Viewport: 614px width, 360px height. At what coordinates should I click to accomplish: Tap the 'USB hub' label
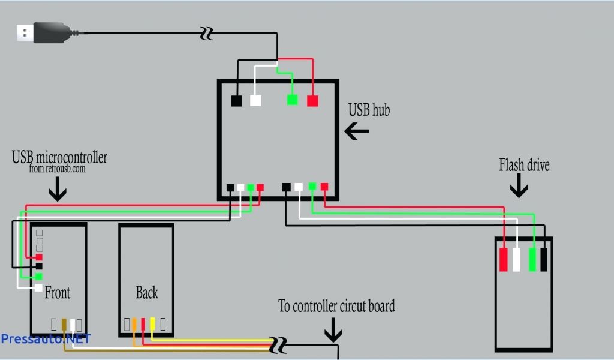coord(368,110)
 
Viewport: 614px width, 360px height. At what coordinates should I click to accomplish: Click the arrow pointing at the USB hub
coord(357,131)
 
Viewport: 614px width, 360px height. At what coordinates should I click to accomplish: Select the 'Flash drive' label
coord(524,165)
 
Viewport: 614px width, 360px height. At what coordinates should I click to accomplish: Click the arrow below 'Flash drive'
coord(519,188)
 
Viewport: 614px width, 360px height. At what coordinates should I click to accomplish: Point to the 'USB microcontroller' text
coord(59,158)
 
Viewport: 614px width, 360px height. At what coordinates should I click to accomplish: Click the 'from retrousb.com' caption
coord(57,169)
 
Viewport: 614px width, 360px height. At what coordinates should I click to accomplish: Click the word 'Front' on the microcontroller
coord(58,293)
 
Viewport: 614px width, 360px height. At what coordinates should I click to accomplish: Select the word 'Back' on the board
coord(146,292)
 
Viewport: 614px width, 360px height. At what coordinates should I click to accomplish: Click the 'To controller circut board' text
coord(336,306)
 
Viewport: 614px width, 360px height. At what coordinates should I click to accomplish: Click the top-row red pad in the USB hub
coord(312,101)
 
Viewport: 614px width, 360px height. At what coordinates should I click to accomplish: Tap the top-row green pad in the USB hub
coord(292,100)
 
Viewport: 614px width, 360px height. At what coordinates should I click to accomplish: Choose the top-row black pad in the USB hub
coord(237,101)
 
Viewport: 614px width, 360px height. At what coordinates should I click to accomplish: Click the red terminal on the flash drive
coord(504,259)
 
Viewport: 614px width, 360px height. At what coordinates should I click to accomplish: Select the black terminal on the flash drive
coord(544,259)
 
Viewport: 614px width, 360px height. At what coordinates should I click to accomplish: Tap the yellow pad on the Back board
coord(152,324)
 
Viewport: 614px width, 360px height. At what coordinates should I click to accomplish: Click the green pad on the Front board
coord(38,277)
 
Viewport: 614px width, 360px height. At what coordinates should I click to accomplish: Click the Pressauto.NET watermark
coord(45,338)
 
